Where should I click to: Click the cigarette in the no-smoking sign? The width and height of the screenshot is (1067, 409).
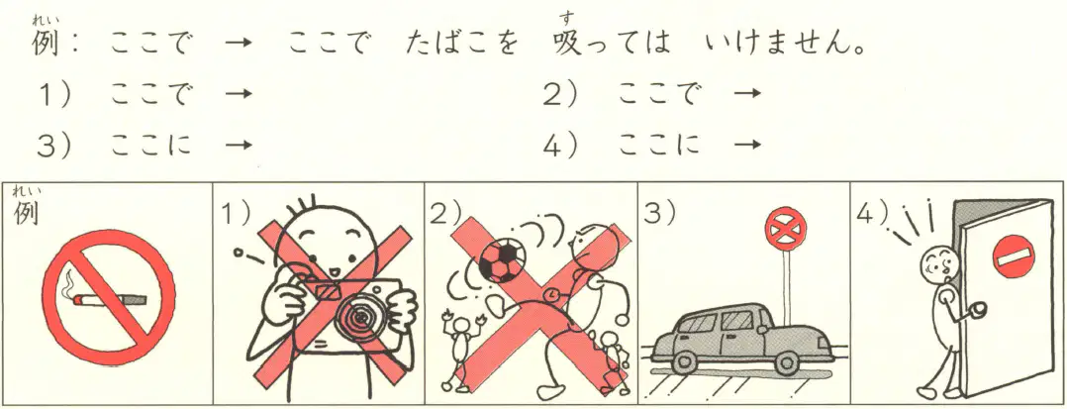110,299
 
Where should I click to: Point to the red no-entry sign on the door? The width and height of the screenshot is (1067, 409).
1012,258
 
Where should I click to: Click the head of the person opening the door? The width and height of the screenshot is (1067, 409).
938,261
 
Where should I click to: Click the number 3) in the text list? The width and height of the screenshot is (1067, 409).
55,145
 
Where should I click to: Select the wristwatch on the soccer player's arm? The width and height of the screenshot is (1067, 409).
551,293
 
